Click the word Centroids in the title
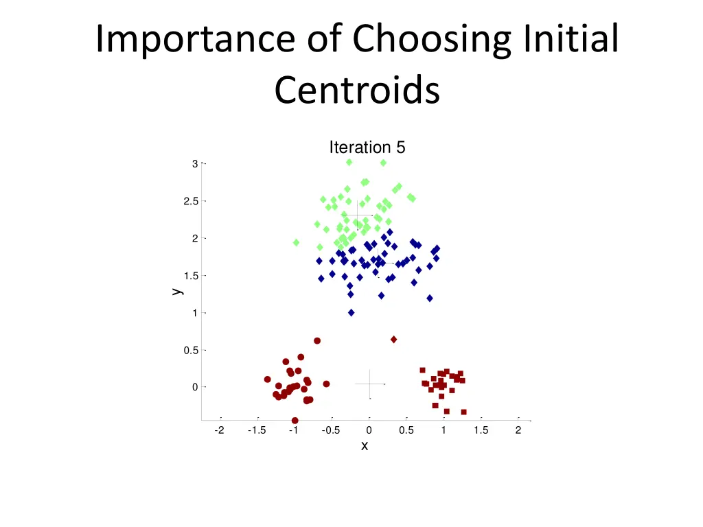coord(356,90)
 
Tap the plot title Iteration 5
coord(367,148)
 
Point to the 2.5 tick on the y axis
coord(191,201)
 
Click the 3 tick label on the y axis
coord(195,164)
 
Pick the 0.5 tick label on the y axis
coord(191,350)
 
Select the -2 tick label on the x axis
coord(219,430)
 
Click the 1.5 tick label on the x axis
coord(481,430)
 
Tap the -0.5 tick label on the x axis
coord(331,430)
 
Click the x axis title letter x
coord(365,446)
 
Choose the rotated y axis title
coord(177,291)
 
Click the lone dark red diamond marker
coord(393,340)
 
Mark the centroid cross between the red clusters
coord(370,384)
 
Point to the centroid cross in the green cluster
coord(357,215)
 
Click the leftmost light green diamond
coord(296,242)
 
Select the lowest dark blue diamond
coord(351,312)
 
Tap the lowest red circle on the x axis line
coord(295,420)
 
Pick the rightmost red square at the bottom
coord(463,412)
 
